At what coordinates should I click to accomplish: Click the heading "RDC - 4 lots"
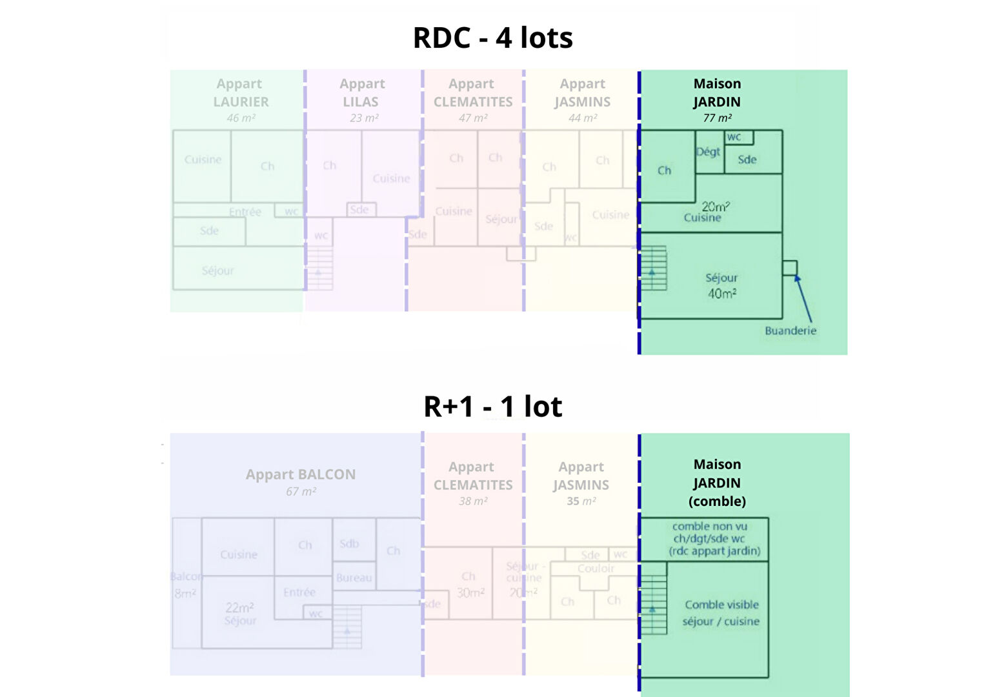tap(492, 38)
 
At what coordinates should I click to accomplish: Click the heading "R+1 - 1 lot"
tap(492, 407)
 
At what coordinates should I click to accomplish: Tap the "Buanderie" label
tap(790, 330)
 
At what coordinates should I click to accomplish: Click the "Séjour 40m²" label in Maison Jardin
tap(721, 285)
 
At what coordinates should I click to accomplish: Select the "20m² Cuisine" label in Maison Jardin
tap(707, 212)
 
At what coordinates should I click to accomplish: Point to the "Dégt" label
tap(708, 152)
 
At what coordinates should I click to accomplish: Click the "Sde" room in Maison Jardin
tap(747, 159)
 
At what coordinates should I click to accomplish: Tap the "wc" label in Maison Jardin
tap(734, 137)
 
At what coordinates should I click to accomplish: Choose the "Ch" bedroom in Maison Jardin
tap(665, 170)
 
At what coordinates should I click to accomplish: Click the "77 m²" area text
tap(717, 118)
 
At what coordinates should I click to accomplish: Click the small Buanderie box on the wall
tap(790, 268)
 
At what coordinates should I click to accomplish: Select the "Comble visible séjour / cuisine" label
tap(721, 613)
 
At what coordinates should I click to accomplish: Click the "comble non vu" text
tap(710, 527)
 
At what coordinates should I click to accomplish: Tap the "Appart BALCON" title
tap(301, 474)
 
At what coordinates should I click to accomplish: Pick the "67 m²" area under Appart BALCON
tap(301, 492)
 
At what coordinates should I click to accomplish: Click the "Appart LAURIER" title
tap(240, 93)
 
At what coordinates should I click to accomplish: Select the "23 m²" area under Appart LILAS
tap(364, 118)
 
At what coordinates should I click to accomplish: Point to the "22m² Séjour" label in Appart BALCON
tap(240, 614)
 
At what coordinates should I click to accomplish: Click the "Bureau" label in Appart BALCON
tap(354, 578)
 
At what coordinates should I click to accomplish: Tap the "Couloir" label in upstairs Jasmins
tap(596, 569)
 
